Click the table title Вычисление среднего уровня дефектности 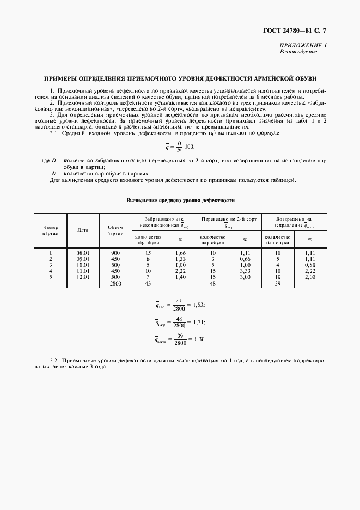point(180,201)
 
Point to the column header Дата point(83,230)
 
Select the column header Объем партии point(115,230)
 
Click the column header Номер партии point(50,230)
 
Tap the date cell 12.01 point(83,277)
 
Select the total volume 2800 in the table point(115,284)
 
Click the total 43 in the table point(148,284)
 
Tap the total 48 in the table point(212,284)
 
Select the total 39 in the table point(277,284)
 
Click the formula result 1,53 point(198,306)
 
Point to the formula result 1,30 point(199,339)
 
